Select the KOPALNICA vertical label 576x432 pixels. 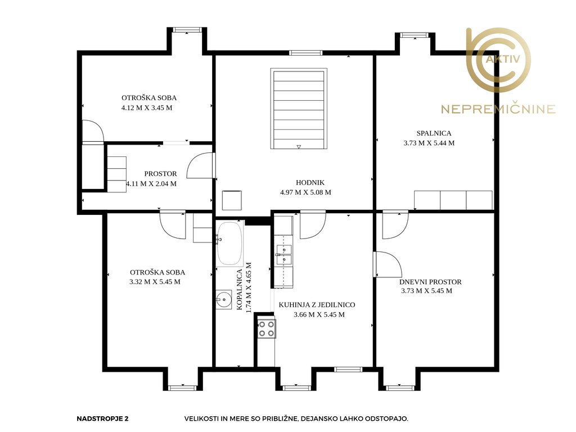[x=240, y=290]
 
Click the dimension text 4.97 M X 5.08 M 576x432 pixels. [x=305, y=192]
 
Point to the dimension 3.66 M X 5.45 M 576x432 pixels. [x=319, y=314]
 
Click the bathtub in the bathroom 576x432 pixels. [x=229, y=243]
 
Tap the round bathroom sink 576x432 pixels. [x=224, y=299]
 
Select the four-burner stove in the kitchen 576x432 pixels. [x=267, y=328]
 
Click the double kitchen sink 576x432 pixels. [x=284, y=255]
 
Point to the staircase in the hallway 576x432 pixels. [x=299, y=109]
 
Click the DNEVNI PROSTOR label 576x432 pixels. [x=430, y=282]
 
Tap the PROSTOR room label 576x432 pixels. [x=160, y=174]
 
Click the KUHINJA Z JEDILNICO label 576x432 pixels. [x=317, y=305]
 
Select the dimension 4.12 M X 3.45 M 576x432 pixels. [x=147, y=107]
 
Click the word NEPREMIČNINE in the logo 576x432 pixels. [x=498, y=109]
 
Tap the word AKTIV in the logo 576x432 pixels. [x=503, y=58]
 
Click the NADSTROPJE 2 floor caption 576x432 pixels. [x=102, y=418]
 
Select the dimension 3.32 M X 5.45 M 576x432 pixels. [x=155, y=282]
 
